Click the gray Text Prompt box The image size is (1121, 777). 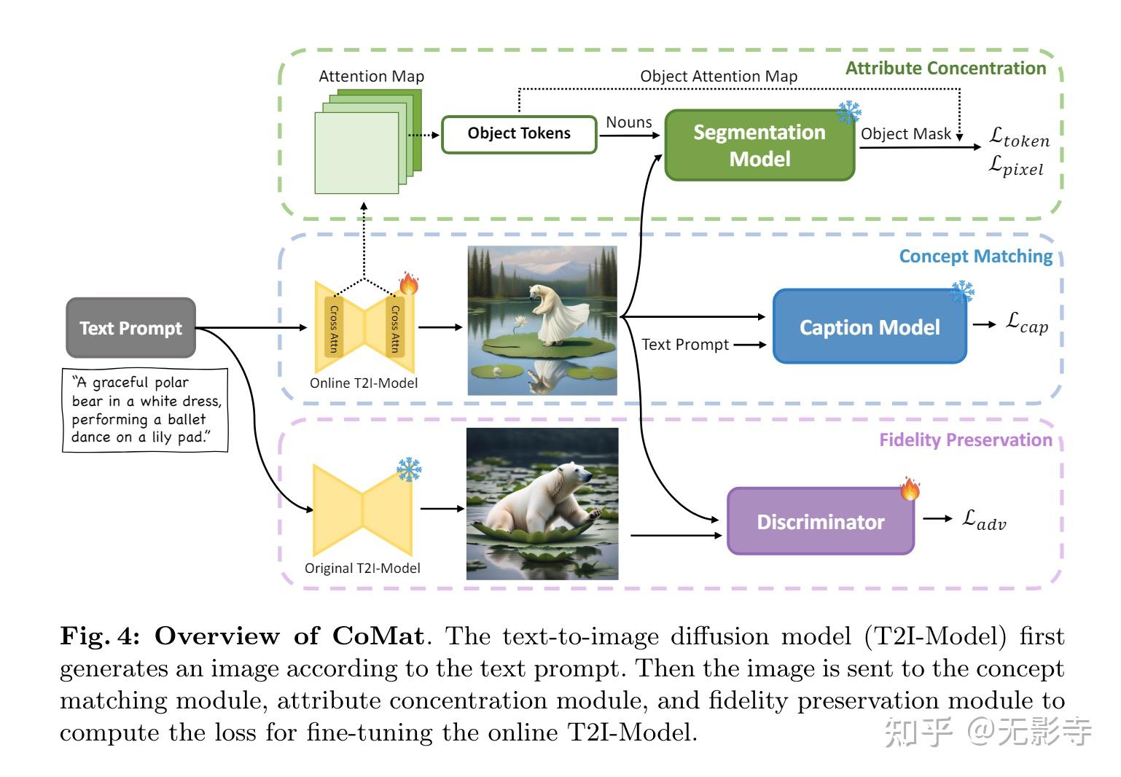click(130, 328)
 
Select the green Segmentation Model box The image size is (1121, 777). click(759, 145)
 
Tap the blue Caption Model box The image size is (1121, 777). click(870, 327)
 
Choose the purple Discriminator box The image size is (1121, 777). click(821, 522)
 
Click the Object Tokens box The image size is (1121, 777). click(519, 133)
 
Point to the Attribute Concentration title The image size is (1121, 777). click(945, 69)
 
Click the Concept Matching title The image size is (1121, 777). click(975, 257)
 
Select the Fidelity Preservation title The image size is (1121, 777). click(965, 440)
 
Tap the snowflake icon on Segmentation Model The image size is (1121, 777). click(849, 112)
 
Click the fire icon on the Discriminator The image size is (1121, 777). click(910, 488)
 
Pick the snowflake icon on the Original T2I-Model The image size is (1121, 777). click(409, 469)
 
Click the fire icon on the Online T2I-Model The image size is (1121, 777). click(409, 284)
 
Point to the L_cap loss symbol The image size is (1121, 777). click(1027, 322)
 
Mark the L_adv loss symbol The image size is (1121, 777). click(983, 520)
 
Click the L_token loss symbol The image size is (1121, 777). click(1019, 137)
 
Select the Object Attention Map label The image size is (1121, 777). click(718, 77)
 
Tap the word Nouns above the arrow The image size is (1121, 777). click(628, 122)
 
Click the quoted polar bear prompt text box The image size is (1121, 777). click(145, 410)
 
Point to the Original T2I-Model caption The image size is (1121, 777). click(362, 569)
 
